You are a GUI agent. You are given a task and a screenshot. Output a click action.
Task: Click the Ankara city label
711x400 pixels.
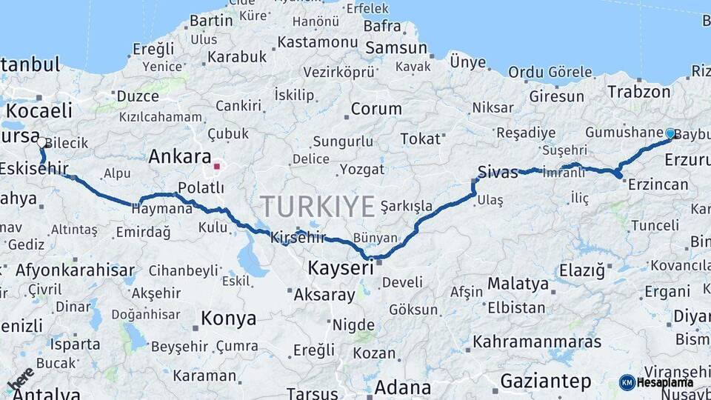coord(180,156)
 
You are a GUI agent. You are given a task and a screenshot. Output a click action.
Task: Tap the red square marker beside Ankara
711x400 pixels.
coord(217,167)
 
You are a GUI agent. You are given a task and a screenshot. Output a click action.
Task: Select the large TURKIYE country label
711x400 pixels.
coord(318,207)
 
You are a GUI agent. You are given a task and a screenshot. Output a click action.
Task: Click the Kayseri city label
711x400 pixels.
coord(341,267)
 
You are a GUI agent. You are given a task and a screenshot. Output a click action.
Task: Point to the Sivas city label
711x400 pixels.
coord(497,172)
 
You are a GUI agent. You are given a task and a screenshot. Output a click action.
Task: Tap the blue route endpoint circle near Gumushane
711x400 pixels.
coord(670,133)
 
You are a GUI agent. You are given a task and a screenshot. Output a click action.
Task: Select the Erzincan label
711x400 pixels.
coord(658,184)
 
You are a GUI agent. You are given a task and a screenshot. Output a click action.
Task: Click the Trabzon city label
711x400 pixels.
coord(638,92)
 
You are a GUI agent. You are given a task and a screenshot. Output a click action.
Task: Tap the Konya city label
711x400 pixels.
coord(228,319)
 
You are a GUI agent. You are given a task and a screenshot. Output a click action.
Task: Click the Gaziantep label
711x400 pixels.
coord(545,381)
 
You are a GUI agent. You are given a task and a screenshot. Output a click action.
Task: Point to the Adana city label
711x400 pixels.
coord(403,387)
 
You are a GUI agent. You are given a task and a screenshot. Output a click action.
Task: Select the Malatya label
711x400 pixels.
coord(518,284)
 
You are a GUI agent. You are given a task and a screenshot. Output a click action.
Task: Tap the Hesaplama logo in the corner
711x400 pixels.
coord(656,382)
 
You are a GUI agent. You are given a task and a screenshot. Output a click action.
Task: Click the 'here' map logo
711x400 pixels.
coord(21,379)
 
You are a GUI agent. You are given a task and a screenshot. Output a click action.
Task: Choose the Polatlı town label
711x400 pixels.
coord(201,188)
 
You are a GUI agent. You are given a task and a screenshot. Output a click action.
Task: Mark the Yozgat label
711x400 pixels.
coord(362,170)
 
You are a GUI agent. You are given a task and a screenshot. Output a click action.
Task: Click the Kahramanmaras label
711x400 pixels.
coord(537,341)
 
